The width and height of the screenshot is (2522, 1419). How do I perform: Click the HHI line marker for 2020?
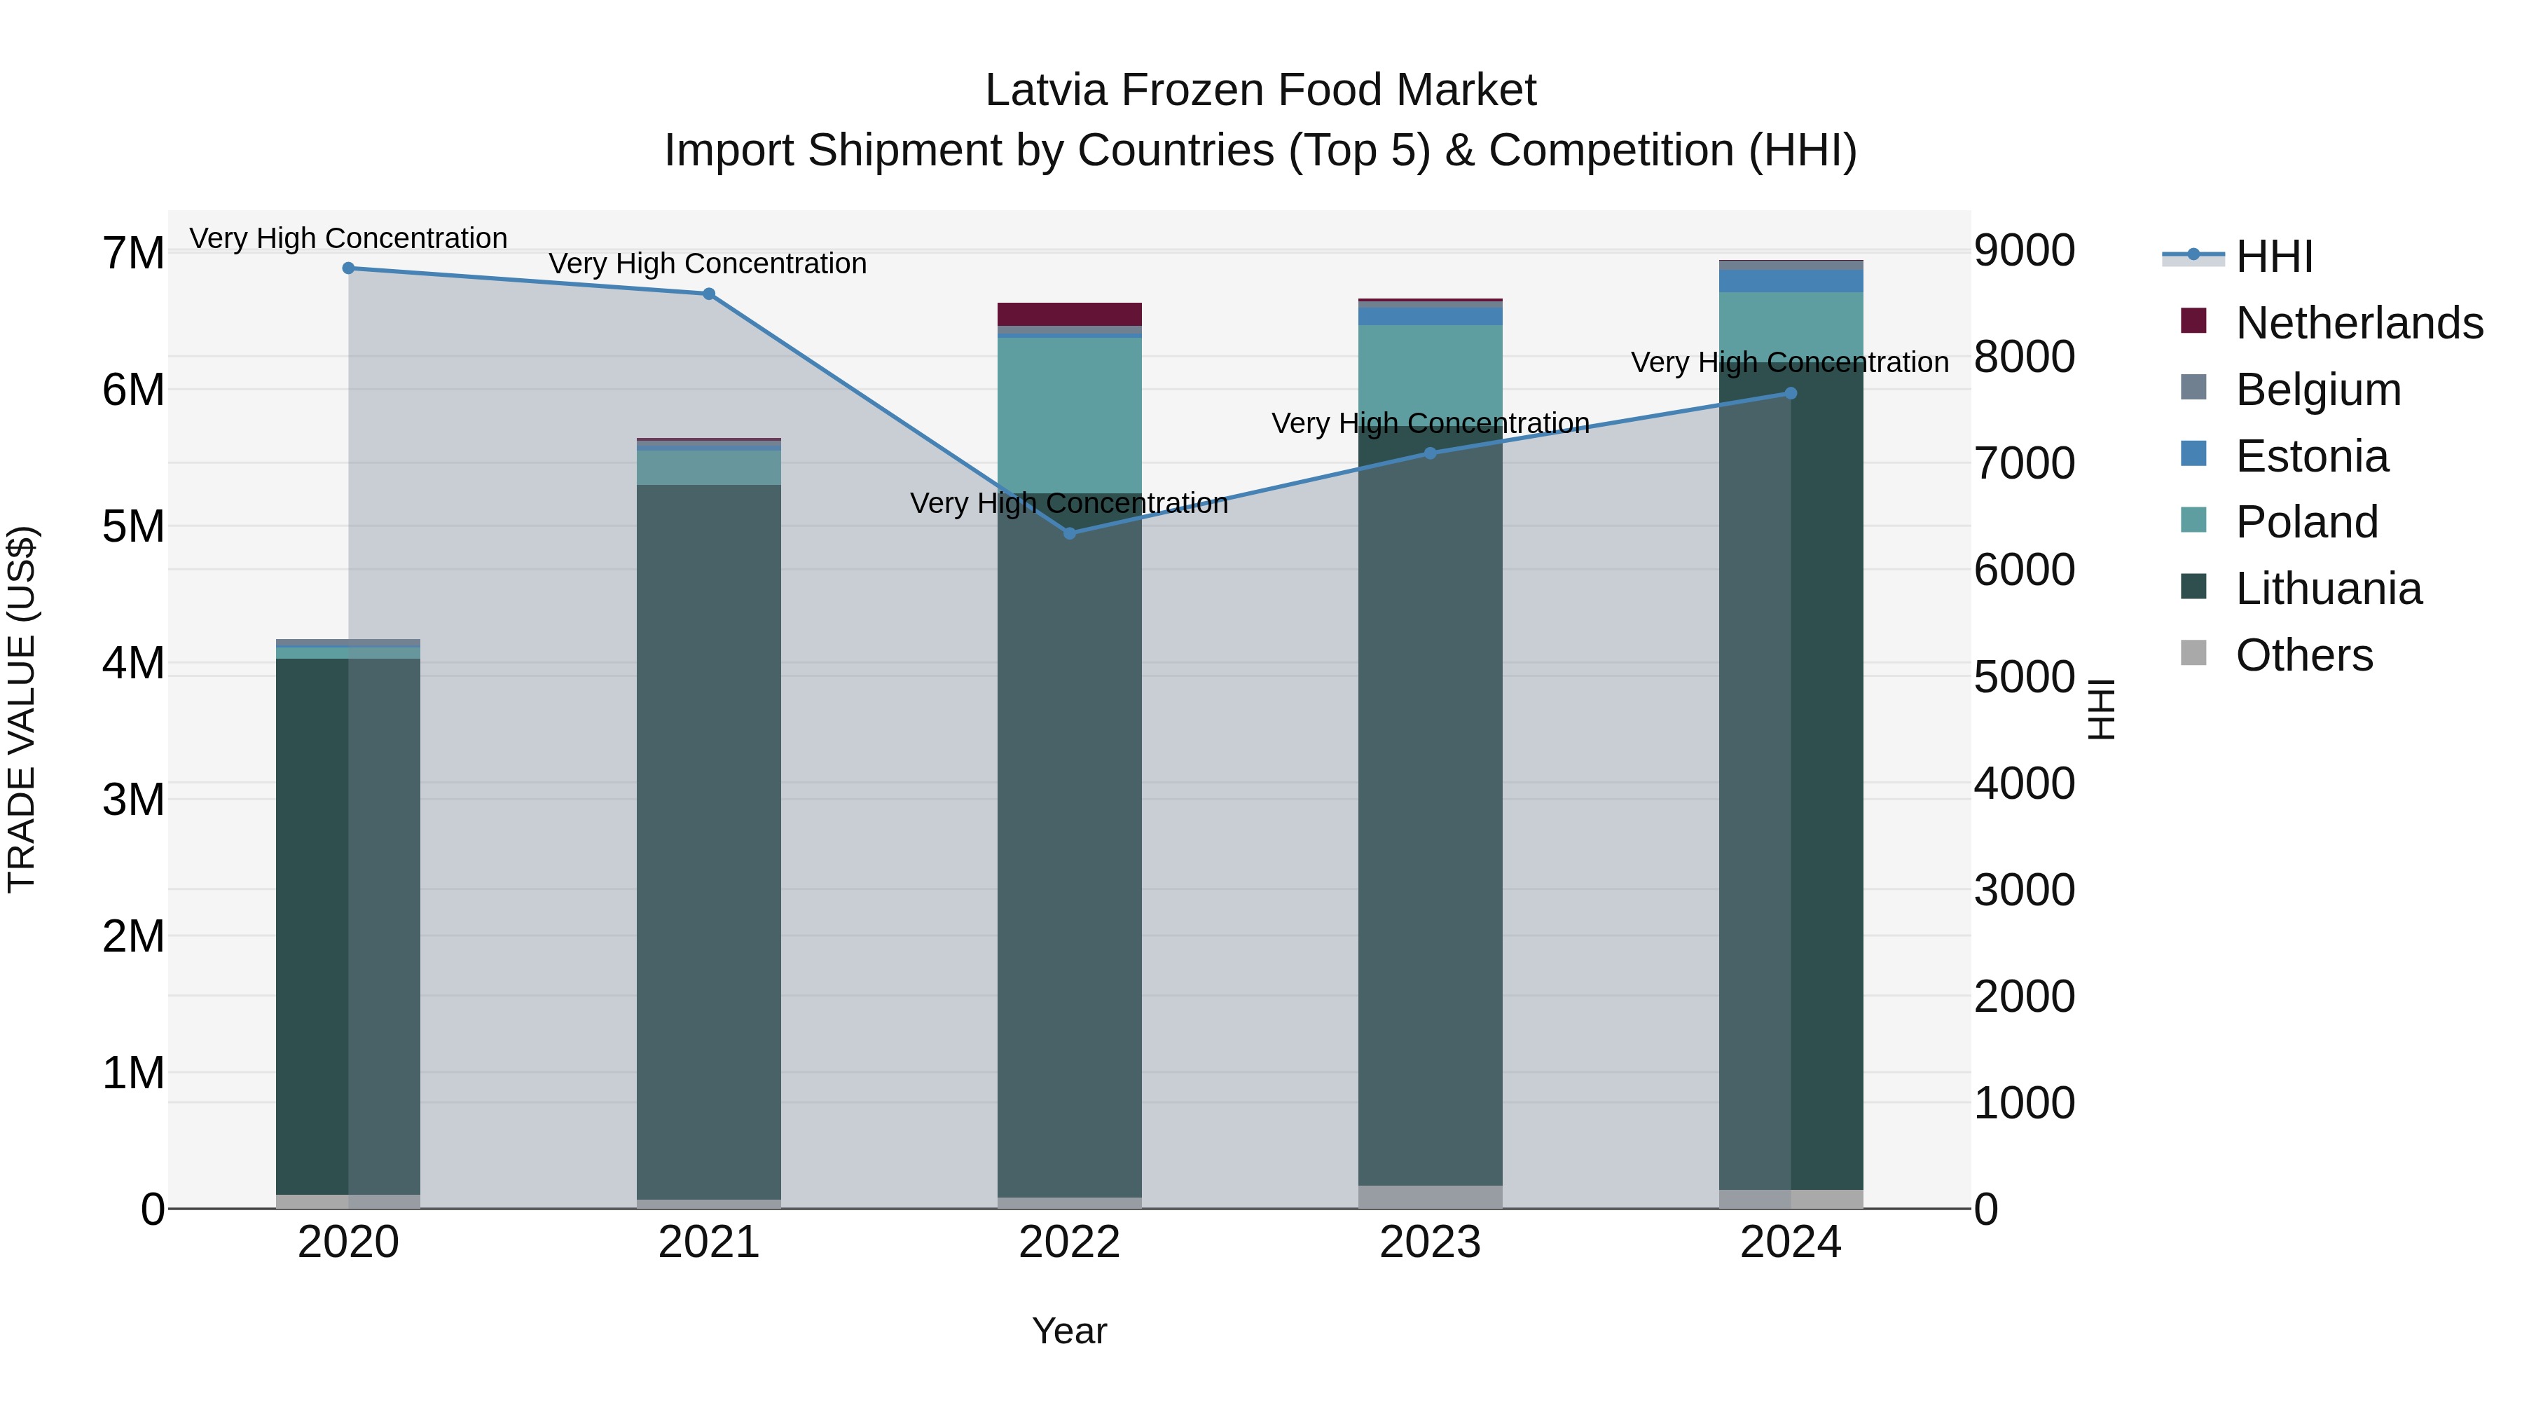pyautogui.click(x=349, y=268)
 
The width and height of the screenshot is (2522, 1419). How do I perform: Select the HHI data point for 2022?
pyautogui.click(x=1069, y=534)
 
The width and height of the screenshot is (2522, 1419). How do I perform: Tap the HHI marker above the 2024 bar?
pyautogui.click(x=1791, y=394)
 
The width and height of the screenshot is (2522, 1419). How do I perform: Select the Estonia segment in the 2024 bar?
pyautogui.click(x=1791, y=281)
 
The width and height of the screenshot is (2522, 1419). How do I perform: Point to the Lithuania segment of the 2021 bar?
pyautogui.click(x=709, y=842)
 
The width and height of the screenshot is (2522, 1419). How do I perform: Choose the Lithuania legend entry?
pyautogui.click(x=2328, y=589)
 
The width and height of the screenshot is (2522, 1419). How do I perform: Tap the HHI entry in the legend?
pyautogui.click(x=2273, y=256)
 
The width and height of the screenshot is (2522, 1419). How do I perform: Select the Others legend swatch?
pyautogui.click(x=2194, y=653)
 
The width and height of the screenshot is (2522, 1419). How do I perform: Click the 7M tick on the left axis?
pyautogui.click(x=133, y=254)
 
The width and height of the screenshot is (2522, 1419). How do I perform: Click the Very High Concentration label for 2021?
pyautogui.click(x=707, y=264)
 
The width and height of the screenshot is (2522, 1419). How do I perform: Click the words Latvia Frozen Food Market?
pyautogui.click(x=1260, y=90)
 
